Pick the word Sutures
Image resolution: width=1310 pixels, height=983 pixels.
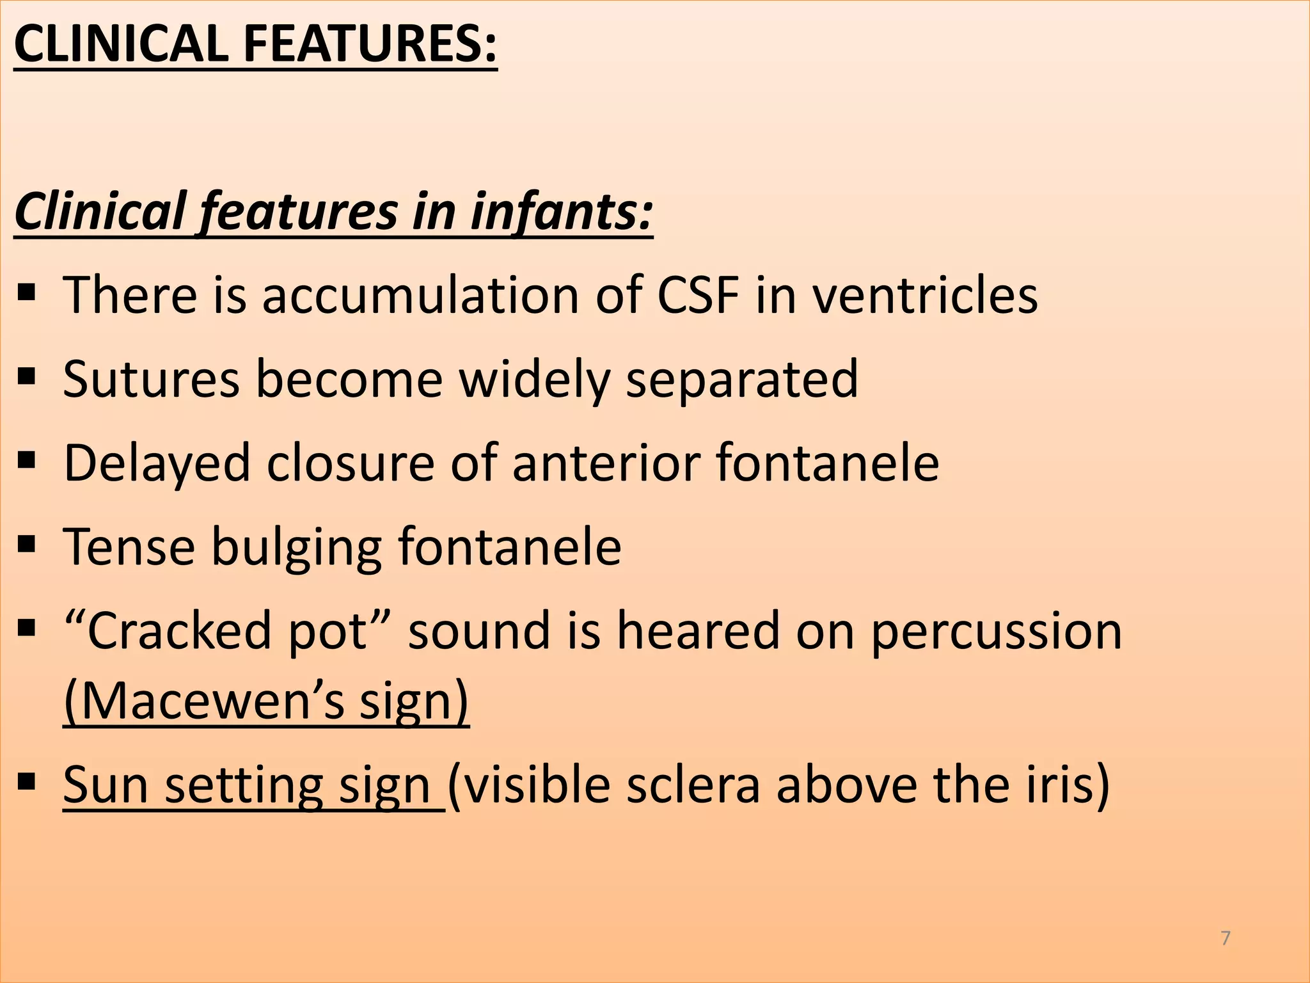[x=151, y=379]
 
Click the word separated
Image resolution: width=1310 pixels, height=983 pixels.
[x=741, y=379]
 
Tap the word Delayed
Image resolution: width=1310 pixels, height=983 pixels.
[x=157, y=463]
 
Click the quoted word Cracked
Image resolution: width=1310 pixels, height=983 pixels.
[x=179, y=631]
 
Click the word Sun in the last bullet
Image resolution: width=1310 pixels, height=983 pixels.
[x=106, y=785]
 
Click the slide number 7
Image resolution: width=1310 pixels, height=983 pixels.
[x=1226, y=938]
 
